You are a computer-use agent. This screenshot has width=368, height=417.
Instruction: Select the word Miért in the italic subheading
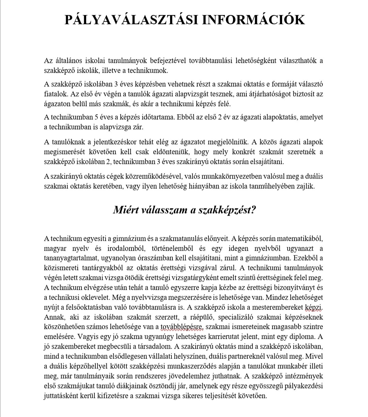click(x=127, y=210)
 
